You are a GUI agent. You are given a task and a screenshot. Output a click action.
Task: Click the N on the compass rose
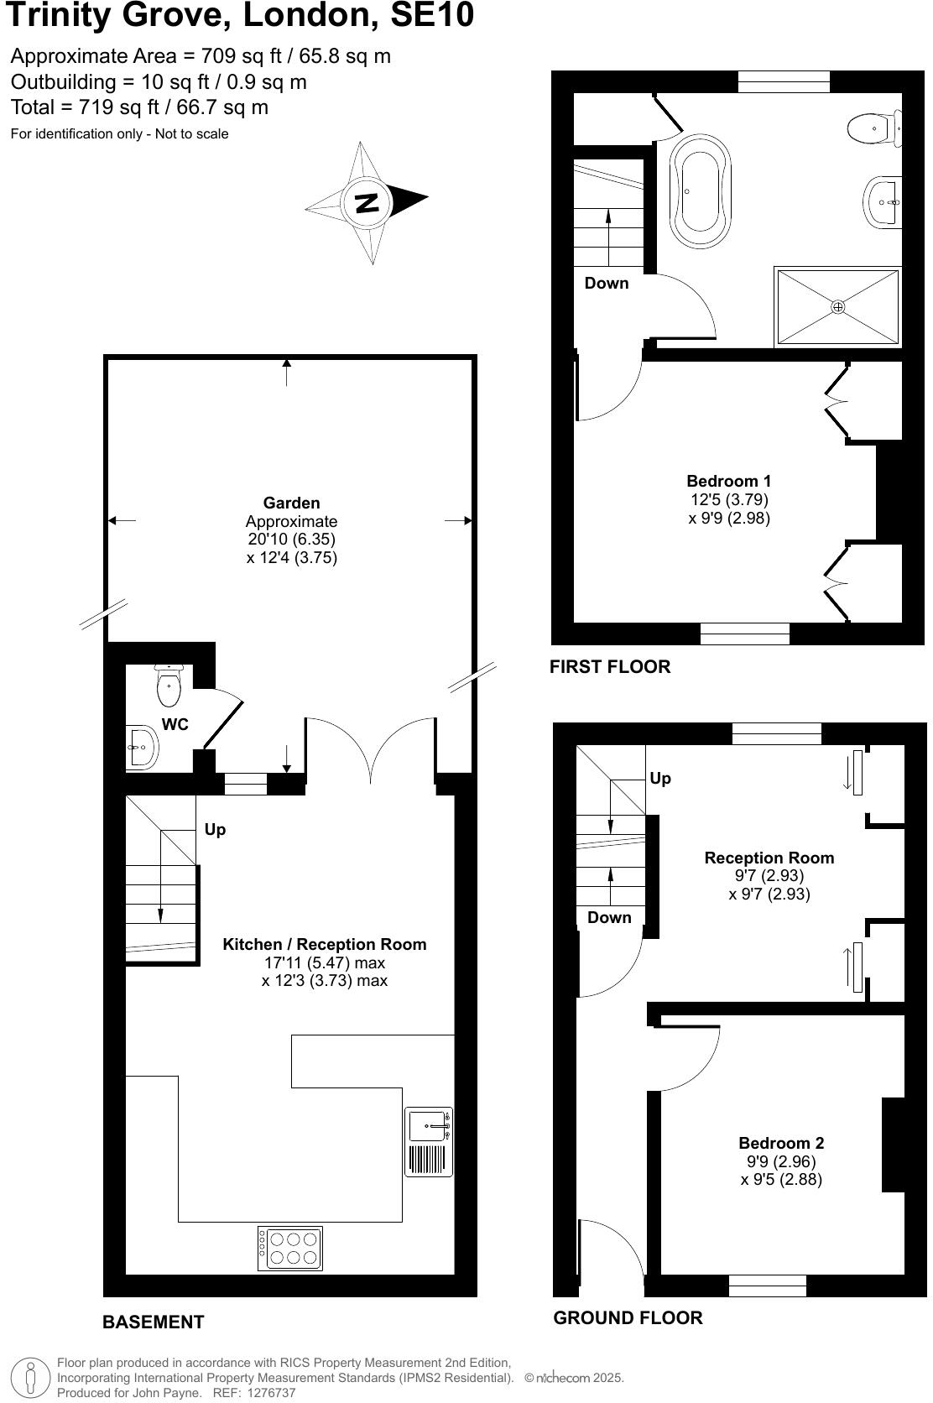pyautogui.click(x=367, y=203)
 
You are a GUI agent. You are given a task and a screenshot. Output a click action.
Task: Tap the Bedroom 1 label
pyautogui.click(x=728, y=482)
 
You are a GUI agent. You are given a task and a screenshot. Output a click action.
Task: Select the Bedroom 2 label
pyautogui.click(x=781, y=1143)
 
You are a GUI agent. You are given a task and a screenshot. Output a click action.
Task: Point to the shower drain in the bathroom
pyautogui.click(x=837, y=307)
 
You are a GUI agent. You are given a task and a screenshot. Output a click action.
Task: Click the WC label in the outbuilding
pyautogui.click(x=175, y=725)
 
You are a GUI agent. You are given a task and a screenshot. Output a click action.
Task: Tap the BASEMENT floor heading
pyautogui.click(x=153, y=1322)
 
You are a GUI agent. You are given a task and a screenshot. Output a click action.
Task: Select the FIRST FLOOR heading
pyautogui.click(x=610, y=667)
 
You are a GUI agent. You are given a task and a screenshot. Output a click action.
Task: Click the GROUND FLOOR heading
pyautogui.click(x=628, y=1318)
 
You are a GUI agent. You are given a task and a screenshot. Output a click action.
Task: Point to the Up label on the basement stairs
pyautogui.click(x=215, y=830)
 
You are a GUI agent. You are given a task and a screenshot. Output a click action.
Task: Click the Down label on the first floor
pyautogui.click(x=607, y=284)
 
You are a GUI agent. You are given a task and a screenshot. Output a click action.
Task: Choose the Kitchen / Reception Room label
pyautogui.click(x=324, y=945)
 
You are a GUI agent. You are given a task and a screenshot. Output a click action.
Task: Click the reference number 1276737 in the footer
pyautogui.click(x=267, y=1393)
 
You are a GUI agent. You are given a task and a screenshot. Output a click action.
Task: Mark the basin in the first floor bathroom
pyautogui.click(x=883, y=201)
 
